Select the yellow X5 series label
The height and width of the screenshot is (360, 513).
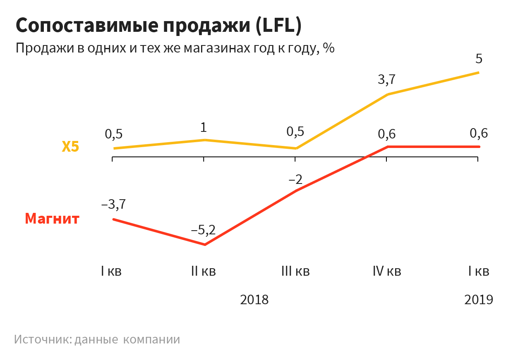coord(70,147)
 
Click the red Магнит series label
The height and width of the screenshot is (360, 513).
coord(52,218)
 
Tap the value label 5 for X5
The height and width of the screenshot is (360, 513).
coord(479,59)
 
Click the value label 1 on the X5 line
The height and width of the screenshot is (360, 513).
coord(204,127)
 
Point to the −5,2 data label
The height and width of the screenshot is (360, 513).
coord(203,230)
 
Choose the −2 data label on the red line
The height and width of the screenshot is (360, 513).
coord(295,180)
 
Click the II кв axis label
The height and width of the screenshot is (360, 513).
coord(204,272)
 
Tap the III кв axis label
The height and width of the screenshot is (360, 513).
coord(295,272)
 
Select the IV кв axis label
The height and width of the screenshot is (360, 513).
coord(387,272)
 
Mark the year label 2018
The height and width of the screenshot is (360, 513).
coord(254,299)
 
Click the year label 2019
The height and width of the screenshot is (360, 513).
coord(479,299)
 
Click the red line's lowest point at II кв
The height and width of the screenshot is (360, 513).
coord(204,245)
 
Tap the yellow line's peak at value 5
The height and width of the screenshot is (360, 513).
coord(478,73)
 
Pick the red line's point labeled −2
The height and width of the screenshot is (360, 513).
coord(296,191)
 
